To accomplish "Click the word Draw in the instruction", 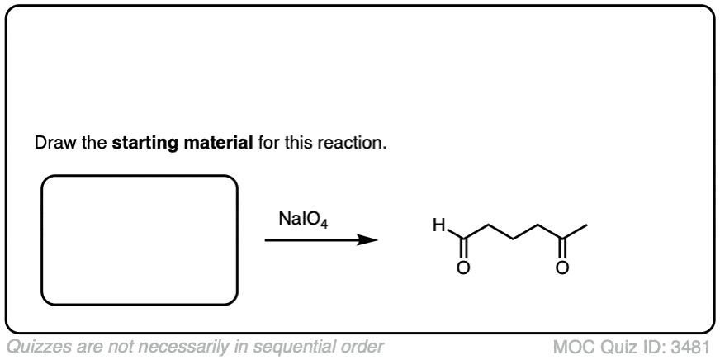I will point(51,143).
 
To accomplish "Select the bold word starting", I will point(143,143).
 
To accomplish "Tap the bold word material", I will point(215,143).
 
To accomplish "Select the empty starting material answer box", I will point(140,239).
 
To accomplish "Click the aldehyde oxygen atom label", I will point(463,268).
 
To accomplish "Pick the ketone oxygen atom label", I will point(562,268).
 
